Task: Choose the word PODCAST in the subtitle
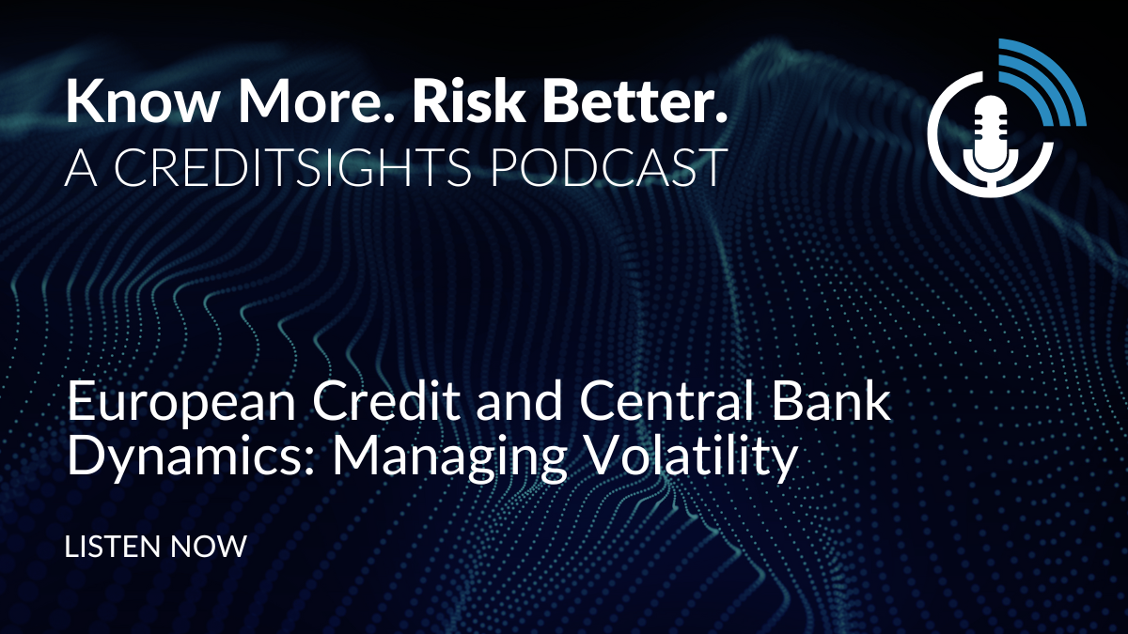[607, 166]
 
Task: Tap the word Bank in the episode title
[831, 403]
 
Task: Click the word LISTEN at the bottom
[112, 547]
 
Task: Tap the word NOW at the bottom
[209, 547]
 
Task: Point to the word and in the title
[519, 403]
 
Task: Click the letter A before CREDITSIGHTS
[81, 166]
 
